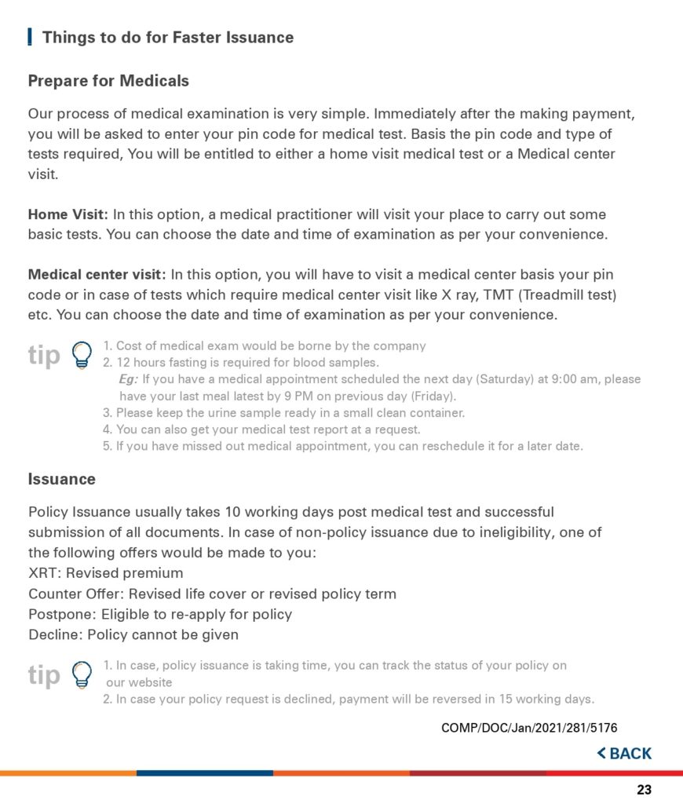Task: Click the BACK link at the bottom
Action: point(625,754)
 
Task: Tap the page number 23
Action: point(644,790)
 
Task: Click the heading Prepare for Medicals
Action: point(108,81)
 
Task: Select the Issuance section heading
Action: point(62,479)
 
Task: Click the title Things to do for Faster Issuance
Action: point(167,37)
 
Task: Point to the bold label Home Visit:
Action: point(68,214)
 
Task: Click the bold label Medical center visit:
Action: point(97,275)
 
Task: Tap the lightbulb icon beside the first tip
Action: point(81,355)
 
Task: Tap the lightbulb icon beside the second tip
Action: point(81,674)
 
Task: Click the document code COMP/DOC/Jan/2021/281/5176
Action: point(530,728)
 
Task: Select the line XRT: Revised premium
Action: point(105,573)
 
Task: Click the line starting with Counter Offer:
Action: point(212,594)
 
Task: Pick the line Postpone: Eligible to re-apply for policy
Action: point(160,614)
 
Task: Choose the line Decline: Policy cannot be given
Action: point(133,634)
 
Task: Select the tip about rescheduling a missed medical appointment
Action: point(343,446)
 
